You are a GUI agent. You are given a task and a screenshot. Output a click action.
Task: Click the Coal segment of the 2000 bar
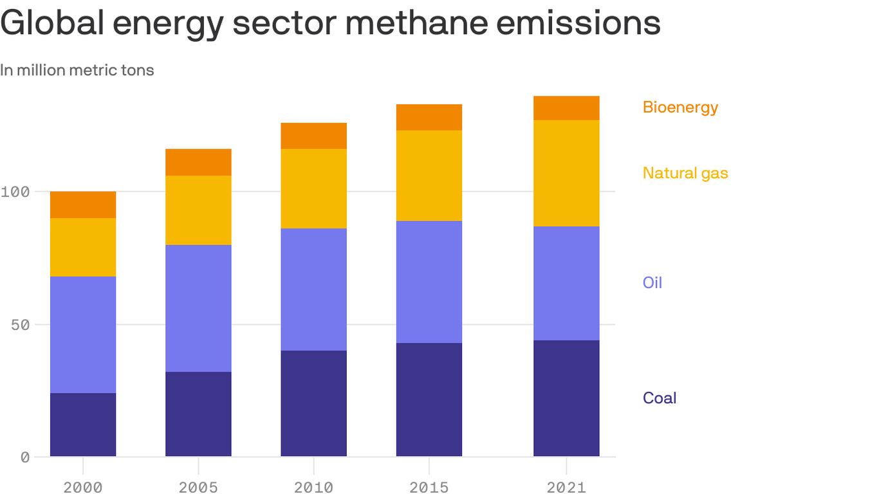coord(83,425)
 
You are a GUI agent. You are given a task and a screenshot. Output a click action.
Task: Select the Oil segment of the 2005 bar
coord(198,308)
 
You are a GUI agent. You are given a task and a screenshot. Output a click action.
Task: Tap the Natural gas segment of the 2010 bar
coord(313,188)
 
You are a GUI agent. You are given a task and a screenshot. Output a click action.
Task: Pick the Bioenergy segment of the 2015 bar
coord(429,117)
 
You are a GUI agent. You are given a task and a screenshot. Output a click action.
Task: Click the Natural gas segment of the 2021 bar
coord(566,173)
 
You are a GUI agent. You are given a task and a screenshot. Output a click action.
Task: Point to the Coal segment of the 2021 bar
coord(566,398)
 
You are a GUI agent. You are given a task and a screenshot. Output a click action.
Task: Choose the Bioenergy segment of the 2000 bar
coord(83,205)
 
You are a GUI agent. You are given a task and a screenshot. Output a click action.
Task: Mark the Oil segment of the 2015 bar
coord(429,282)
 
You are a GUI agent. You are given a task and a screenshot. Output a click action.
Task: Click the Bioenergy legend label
coord(680,107)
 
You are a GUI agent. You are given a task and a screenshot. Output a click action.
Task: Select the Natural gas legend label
coord(685,173)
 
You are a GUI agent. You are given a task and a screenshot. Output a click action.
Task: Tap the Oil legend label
coord(652,282)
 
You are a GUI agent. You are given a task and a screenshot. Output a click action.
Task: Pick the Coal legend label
coord(660,398)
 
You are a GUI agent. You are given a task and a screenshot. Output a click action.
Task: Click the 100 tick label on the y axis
coord(16,192)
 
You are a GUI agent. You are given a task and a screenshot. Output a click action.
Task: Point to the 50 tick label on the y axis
coord(21,324)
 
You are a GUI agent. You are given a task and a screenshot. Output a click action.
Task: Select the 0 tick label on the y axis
coord(25,457)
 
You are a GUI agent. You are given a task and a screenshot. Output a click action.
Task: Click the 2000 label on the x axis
coord(83,487)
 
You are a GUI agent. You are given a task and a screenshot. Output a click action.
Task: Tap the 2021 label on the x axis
coord(566,487)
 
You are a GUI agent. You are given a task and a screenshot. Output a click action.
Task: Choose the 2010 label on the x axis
coord(313,487)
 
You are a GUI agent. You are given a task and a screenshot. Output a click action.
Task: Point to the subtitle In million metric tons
coord(77,70)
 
